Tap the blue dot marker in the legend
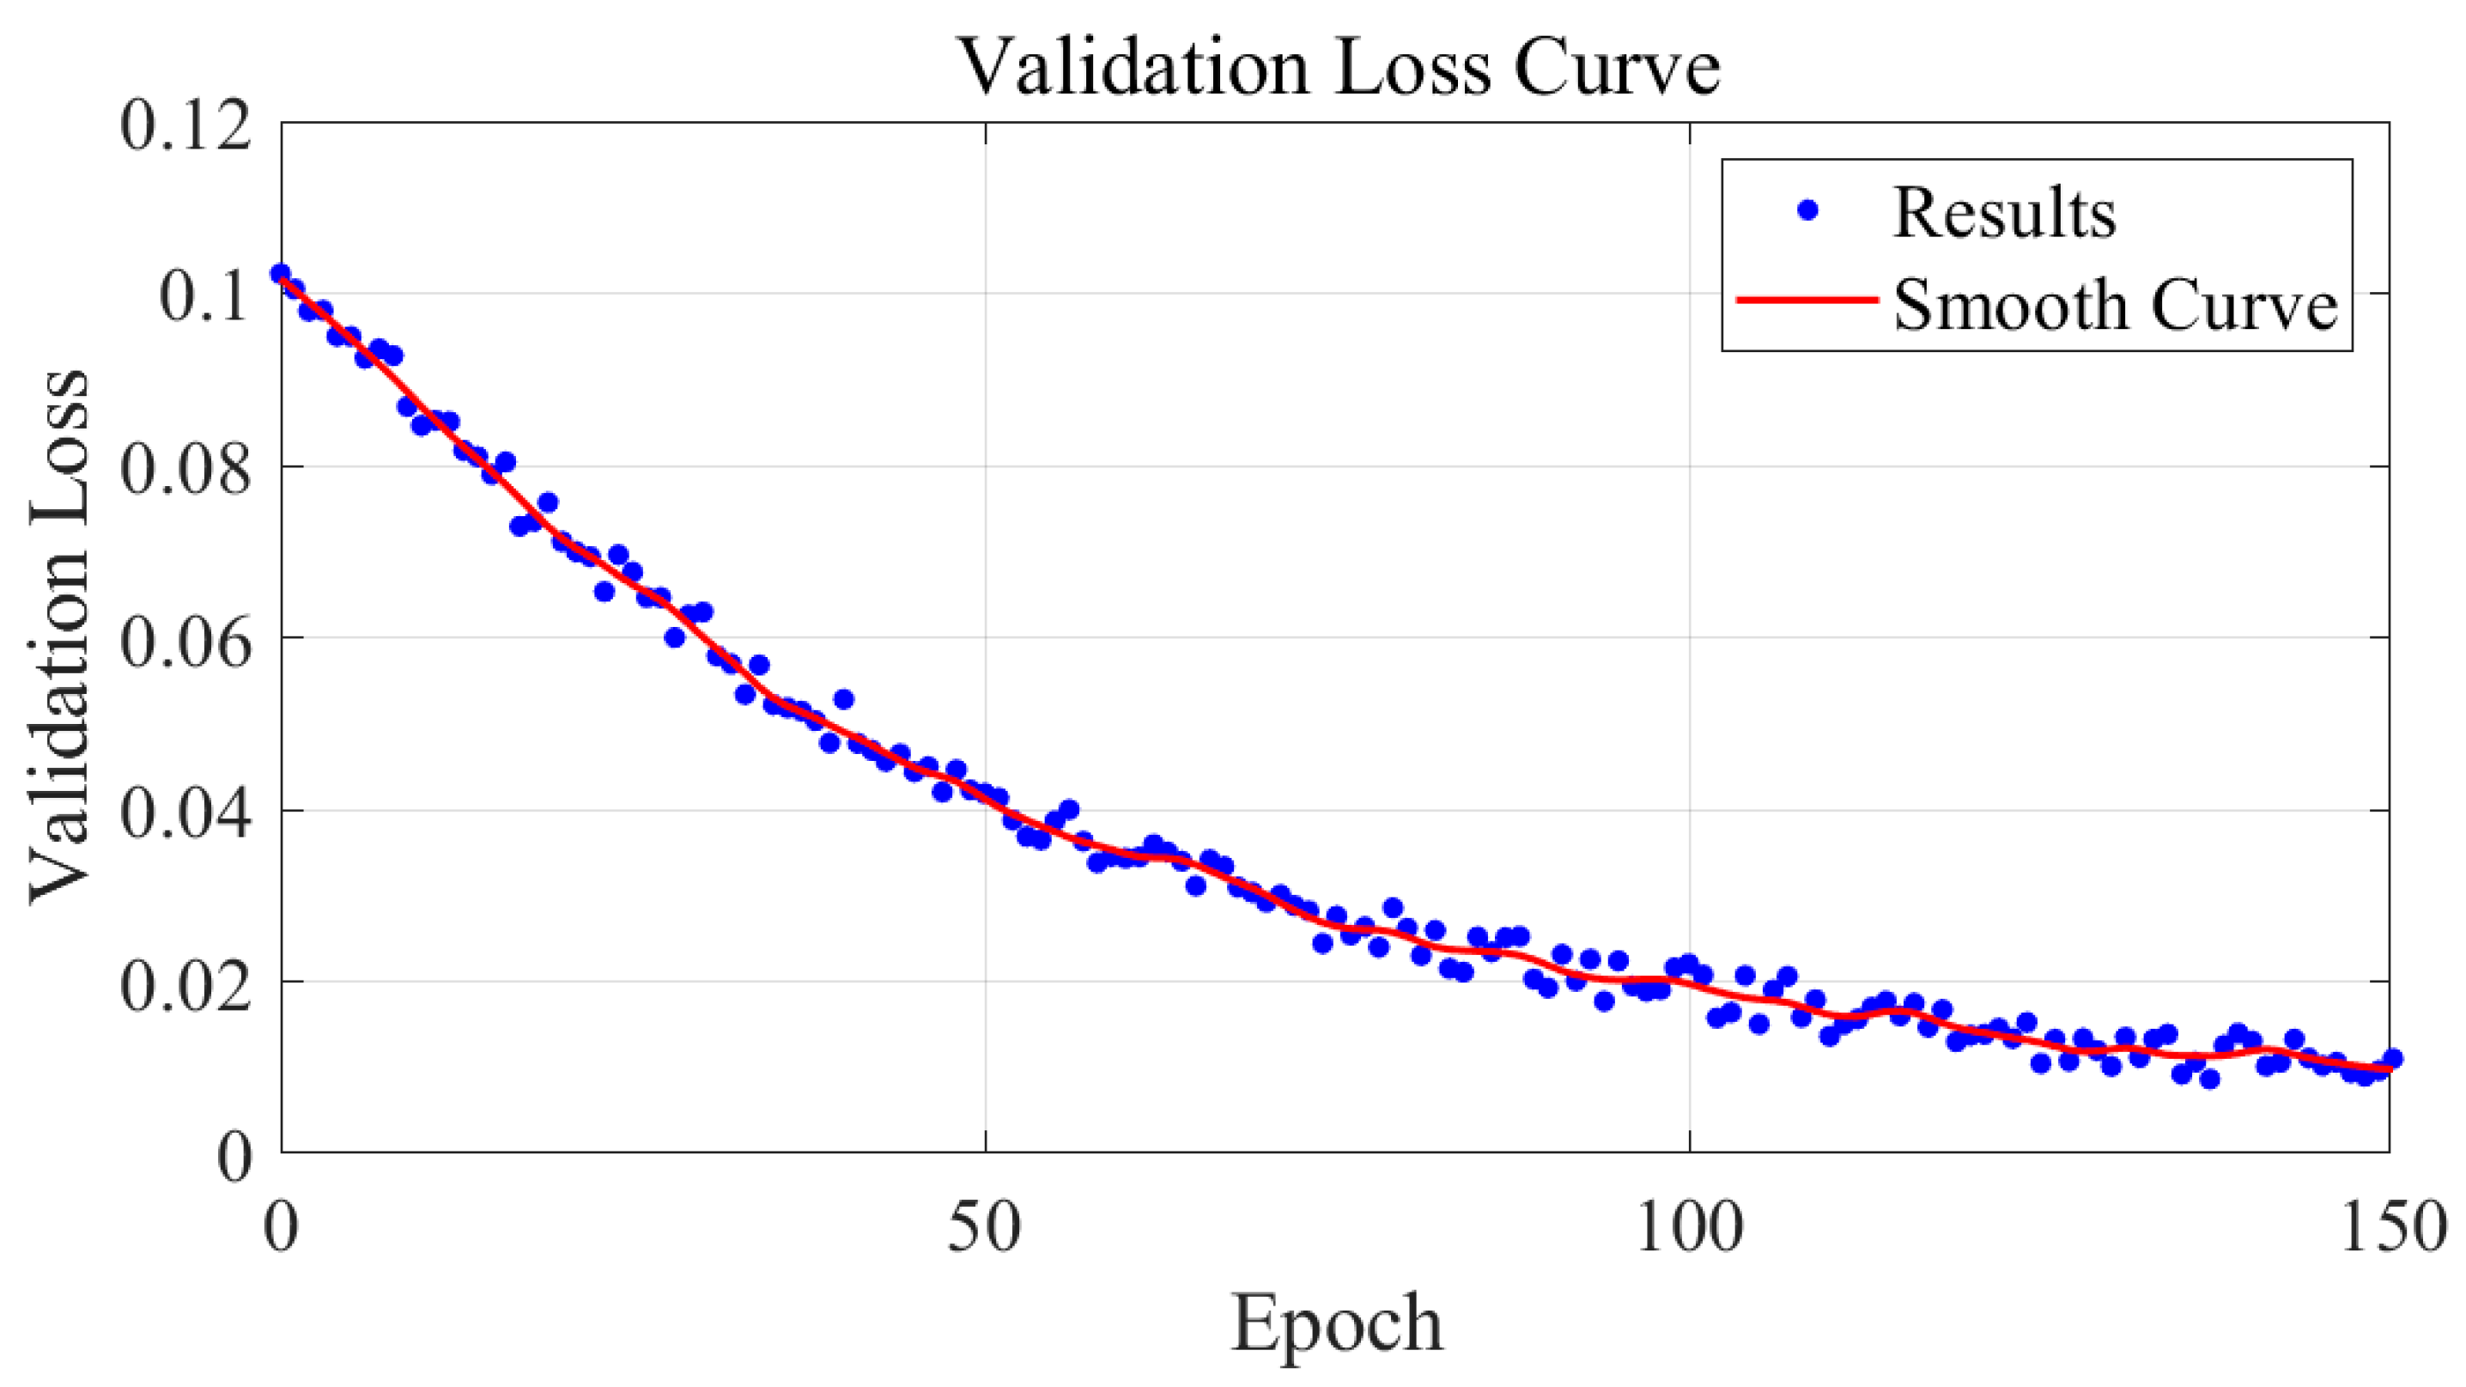coord(1807,210)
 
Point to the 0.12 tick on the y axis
coord(185,125)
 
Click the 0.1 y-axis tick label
coord(205,295)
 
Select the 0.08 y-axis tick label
coord(185,469)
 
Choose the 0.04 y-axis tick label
coord(185,812)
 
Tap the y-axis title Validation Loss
coord(59,636)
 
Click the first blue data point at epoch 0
coord(280,274)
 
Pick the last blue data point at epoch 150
coord(2392,1058)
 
